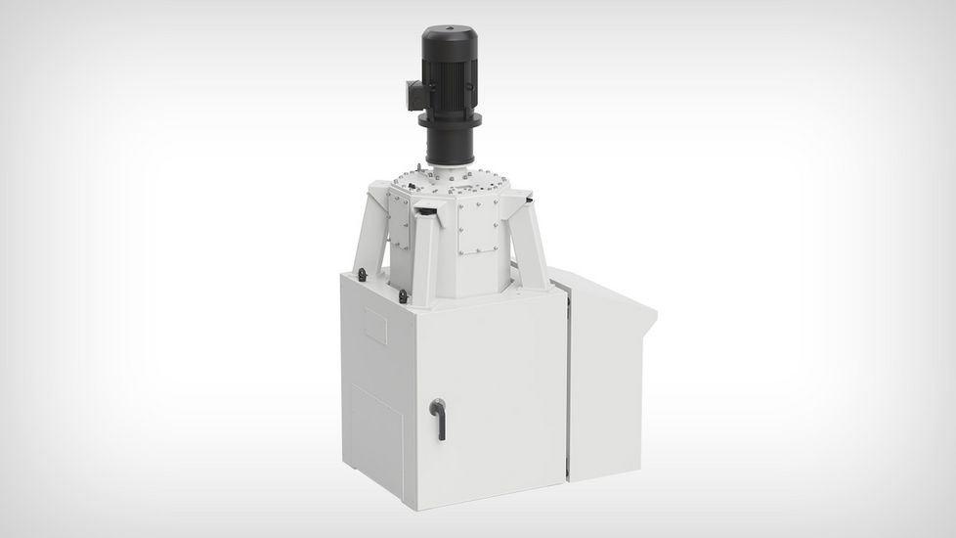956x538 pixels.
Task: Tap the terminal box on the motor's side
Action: [412, 94]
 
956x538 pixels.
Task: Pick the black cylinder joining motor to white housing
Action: [450, 148]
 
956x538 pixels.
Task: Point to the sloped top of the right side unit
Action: [606, 294]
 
